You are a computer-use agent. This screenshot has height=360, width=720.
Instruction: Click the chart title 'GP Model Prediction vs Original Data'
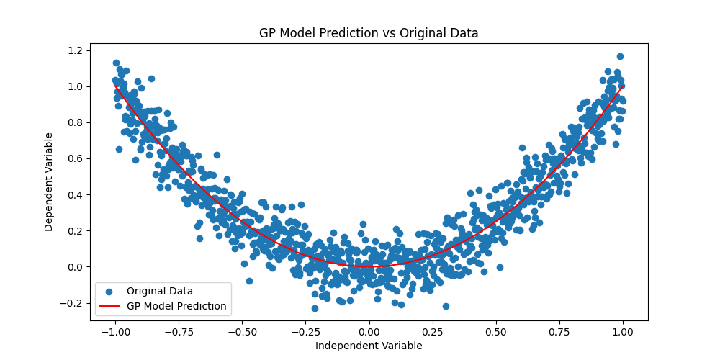[x=369, y=33]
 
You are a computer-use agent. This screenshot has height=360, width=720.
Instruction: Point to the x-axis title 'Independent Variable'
[x=369, y=346]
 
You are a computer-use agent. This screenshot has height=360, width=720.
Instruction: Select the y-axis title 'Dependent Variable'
[x=49, y=181]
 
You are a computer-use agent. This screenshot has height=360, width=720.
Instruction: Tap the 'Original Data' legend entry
[x=160, y=291]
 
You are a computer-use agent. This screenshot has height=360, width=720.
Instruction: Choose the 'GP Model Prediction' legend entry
[x=176, y=306]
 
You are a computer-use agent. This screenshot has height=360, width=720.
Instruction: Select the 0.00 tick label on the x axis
[x=369, y=332]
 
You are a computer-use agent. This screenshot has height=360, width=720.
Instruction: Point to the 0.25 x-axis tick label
[x=432, y=332]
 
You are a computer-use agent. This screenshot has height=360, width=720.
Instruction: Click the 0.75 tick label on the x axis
[x=559, y=332]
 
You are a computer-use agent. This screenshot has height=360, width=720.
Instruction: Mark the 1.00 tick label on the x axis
[x=624, y=332]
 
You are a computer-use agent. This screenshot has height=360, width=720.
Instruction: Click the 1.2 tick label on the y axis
[x=75, y=50]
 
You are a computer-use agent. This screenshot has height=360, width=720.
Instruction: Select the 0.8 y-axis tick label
[x=75, y=122]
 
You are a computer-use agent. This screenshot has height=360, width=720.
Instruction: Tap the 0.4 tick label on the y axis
[x=75, y=194]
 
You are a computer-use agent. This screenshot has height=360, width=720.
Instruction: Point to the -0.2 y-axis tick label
[x=72, y=303]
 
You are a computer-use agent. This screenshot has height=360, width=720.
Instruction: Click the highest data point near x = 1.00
[x=620, y=56]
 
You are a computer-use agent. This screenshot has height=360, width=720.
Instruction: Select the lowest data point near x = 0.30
[x=446, y=306]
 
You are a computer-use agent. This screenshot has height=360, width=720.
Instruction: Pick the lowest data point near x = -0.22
[x=315, y=308]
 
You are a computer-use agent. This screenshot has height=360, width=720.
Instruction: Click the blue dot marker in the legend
[x=109, y=291]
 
